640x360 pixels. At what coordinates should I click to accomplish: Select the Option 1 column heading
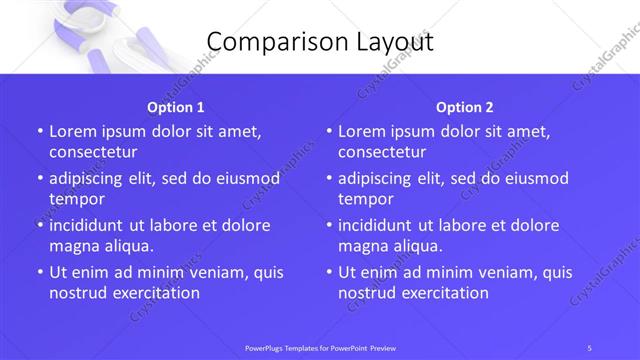click(176, 107)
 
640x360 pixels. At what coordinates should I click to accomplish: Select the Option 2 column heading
click(465, 107)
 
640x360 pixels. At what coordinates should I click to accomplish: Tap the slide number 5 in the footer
click(590, 347)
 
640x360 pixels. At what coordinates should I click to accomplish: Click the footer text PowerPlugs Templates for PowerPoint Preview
click(319, 347)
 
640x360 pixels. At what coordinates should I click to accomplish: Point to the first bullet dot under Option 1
click(40, 132)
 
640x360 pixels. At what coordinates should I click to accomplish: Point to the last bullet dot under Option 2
click(329, 273)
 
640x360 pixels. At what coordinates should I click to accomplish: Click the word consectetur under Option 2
click(382, 152)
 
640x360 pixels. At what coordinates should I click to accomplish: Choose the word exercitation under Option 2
click(441, 293)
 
